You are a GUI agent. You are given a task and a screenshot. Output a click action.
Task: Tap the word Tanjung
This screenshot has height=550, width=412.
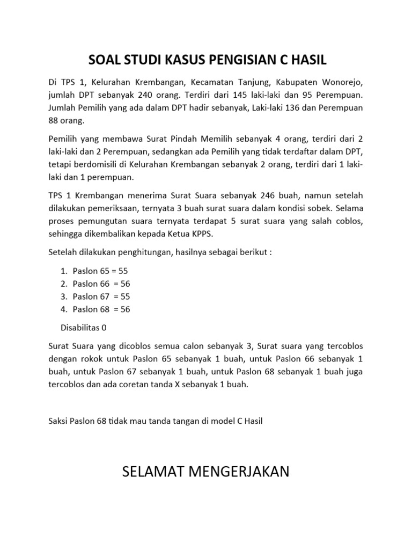click(x=259, y=83)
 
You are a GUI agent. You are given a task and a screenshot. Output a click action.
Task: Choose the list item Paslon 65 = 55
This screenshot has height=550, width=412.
click(x=101, y=271)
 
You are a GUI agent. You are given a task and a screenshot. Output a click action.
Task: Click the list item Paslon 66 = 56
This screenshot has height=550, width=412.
click(x=102, y=284)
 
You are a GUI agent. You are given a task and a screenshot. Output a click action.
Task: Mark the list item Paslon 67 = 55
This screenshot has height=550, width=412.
click(x=102, y=296)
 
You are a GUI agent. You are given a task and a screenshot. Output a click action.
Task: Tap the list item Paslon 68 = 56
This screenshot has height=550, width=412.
click(x=102, y=309)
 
